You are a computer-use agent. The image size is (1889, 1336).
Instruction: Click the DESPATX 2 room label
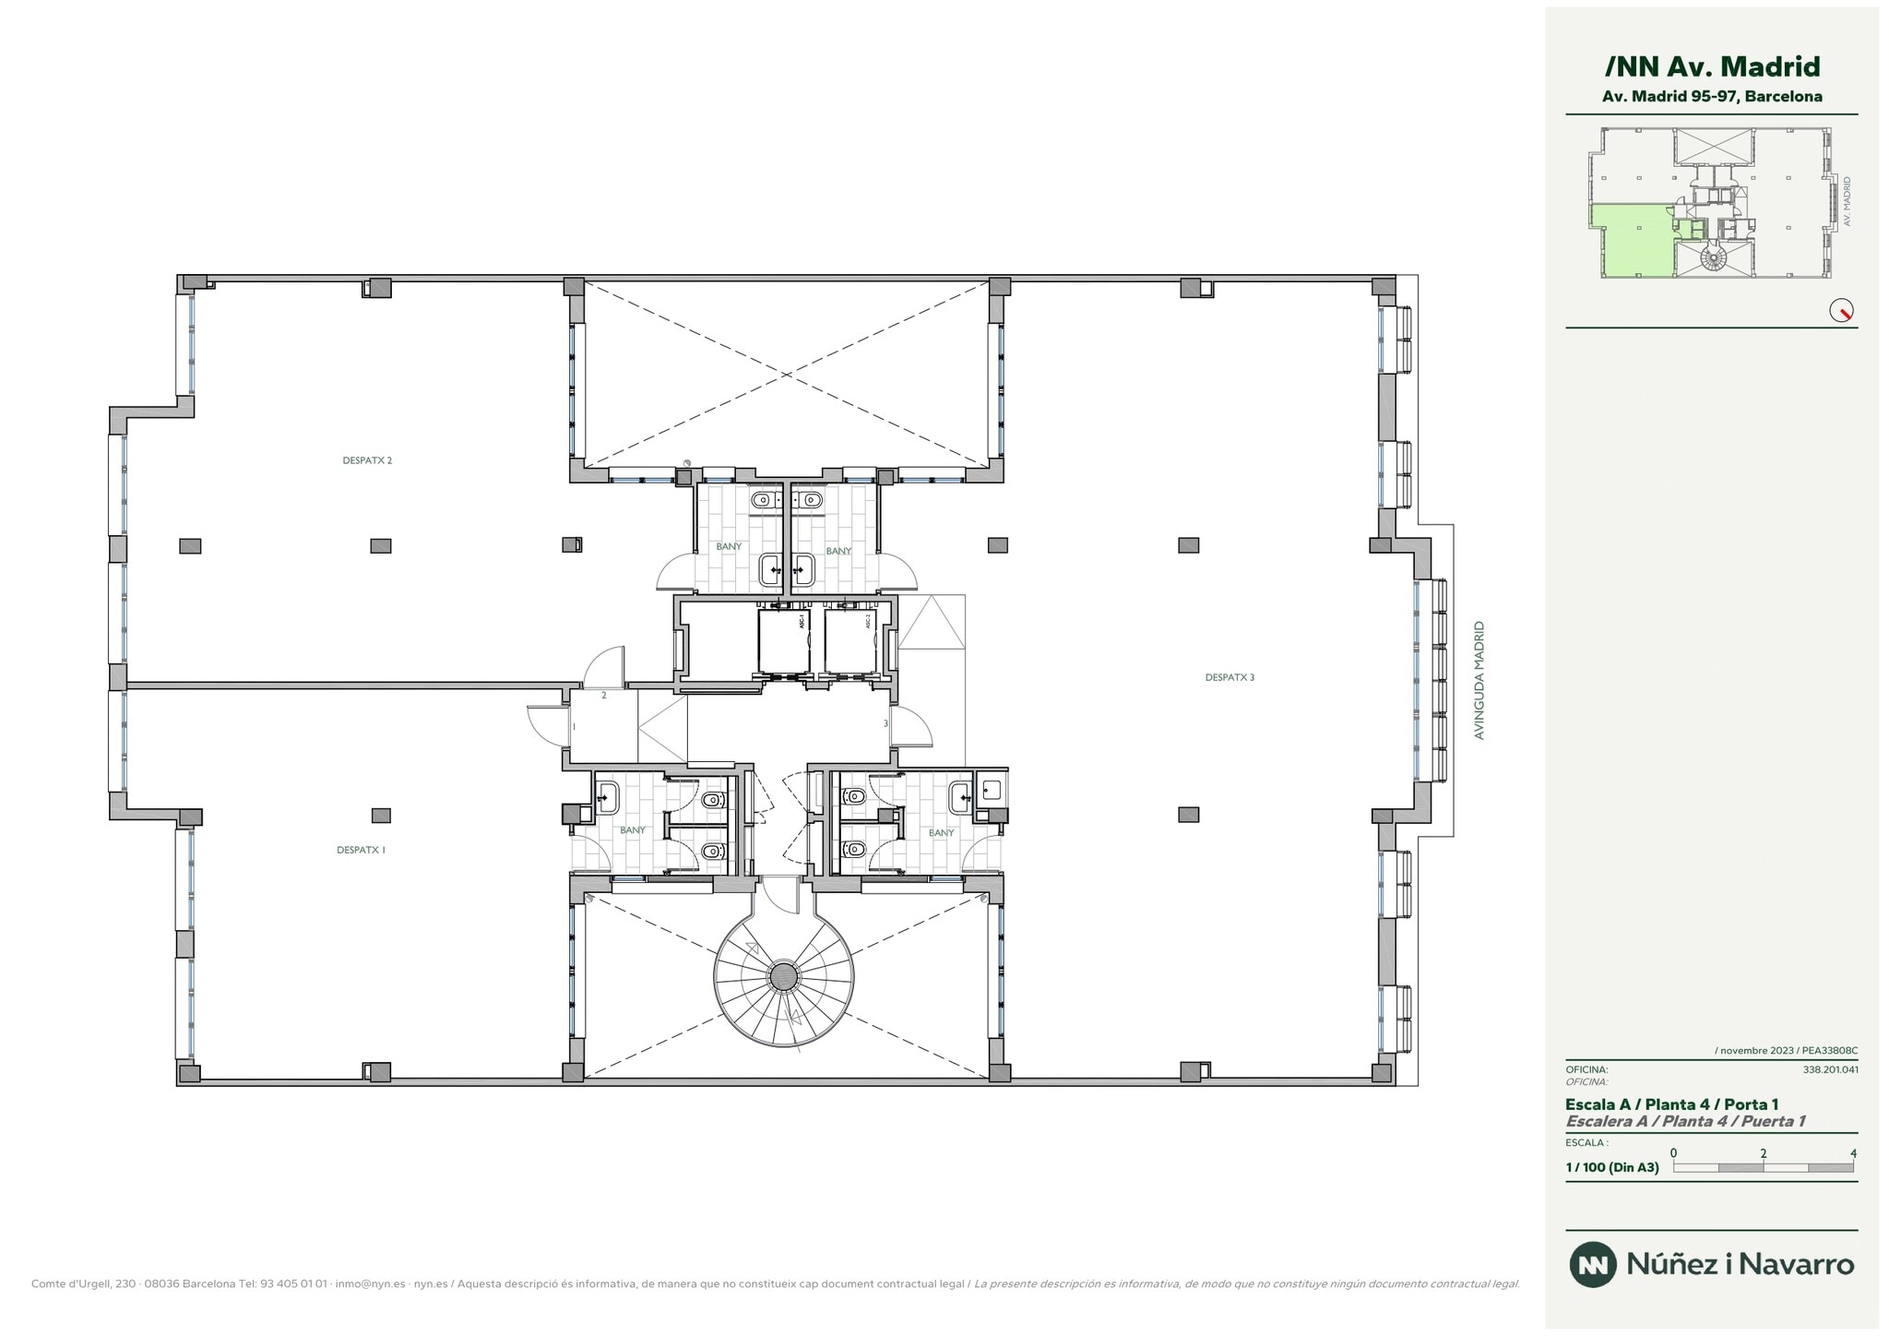pyautogui.click(x=367, y=460)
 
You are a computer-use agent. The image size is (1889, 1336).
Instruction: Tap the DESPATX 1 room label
pyautogui.click(x=361, y=850)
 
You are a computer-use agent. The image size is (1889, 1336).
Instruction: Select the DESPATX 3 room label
pyautogui.click(x=1230, y=677)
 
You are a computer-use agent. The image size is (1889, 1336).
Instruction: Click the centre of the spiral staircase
pyautogui.click(x=784, y=976)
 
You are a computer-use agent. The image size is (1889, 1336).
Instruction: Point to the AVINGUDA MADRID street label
pyautogui.click(x=1479, y=680)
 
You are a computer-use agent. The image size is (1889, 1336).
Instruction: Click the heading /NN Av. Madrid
pyautogui.click(x=1712, y=66)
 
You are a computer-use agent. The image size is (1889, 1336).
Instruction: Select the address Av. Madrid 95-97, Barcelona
pyautogui.click(x=1712, y=96)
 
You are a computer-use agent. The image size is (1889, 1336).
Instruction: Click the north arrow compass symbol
pyautogui.click(x=1841, y=311)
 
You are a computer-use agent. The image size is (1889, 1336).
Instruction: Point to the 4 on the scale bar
pyautogui.click(x=1853, y=1153)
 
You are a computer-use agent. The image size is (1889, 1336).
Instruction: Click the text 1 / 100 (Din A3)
pyautogui.click(x=1611, y=1167)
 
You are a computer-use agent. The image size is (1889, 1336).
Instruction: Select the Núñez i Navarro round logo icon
pyautogui.click(x=1593, y=1264)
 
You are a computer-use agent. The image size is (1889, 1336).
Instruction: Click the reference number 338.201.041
pyautogui.click(x=1830, y=1070)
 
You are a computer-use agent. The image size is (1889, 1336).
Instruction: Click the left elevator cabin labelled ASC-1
pyautogui.click(x=783, y=641)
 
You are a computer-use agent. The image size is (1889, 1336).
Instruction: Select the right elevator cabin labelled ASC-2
pyautogui.click(x=849, y=641)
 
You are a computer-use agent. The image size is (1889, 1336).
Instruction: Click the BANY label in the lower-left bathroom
pyautogui.click(x=633, y=830)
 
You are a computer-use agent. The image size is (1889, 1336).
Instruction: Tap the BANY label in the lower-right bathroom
pyautogui.click(x=941, y=832)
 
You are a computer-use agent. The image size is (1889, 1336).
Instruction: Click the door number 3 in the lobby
pyautogui.click(x=885, y=723)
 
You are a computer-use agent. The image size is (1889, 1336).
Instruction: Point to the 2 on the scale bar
pyautogui.click(x=1763, y=1153)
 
